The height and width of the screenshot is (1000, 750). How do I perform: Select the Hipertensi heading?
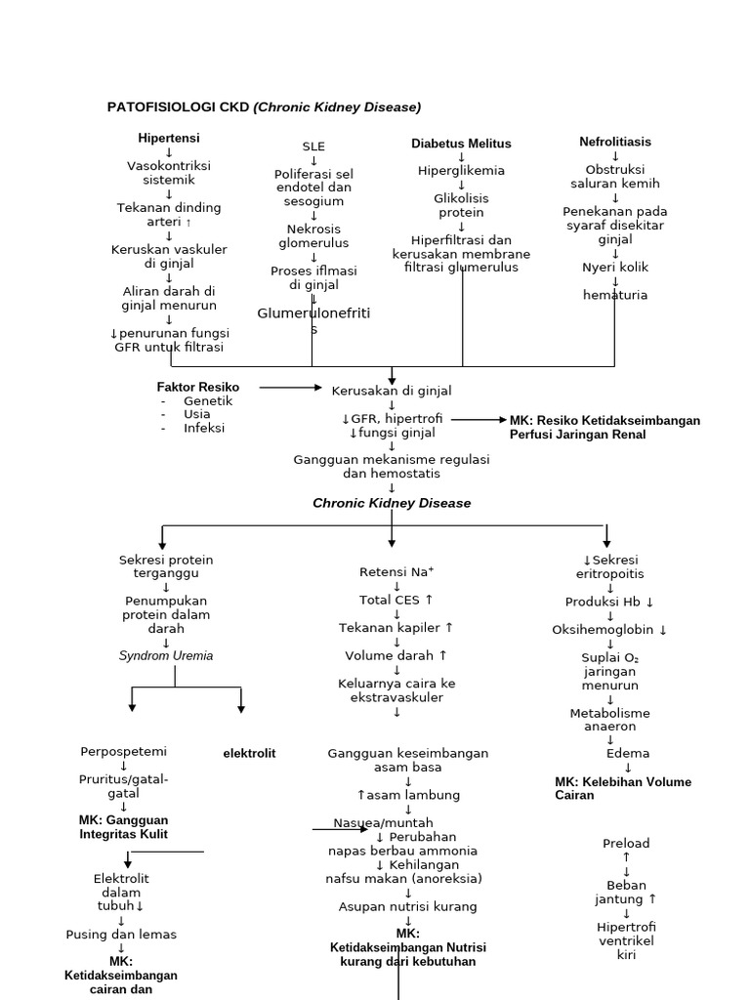(x=169, y=139)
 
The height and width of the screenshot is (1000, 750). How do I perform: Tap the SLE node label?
(x=313, y=146)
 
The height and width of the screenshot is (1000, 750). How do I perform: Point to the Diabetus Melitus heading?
(x=461, y=144)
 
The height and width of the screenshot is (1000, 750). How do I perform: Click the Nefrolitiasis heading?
(x=615, y=142)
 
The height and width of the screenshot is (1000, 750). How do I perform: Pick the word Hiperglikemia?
(x=461, y=171)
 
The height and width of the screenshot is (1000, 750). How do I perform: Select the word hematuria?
(x=615, y=295)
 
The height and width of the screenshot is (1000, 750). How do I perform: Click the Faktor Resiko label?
(x=198, y=388)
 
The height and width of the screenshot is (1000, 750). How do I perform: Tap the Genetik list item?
(x=208, y=401)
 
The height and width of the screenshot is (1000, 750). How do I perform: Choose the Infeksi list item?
(x=204, y=428)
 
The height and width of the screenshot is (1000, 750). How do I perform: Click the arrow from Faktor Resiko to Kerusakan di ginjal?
(x=290, y=388)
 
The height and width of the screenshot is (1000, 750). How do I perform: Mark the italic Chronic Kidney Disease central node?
(x=392, y=503)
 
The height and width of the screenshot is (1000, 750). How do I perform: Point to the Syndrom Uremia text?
(x=166, y=656)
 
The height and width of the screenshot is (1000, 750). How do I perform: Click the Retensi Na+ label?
(x=396, y=572)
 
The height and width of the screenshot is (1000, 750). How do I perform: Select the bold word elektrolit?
(x=249, y=753)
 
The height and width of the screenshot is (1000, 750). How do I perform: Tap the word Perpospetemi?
(x=124, y=752)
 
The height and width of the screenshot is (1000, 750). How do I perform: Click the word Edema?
(x=628, y=754)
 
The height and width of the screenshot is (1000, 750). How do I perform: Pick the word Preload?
(x=626, y=844)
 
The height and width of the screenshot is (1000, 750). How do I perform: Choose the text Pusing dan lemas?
(x=121, y=935)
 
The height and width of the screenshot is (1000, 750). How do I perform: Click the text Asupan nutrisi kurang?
(x=408, y=906)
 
